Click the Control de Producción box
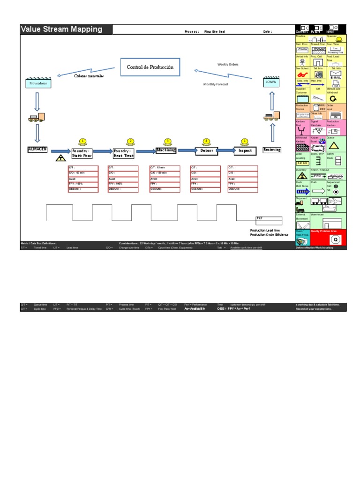(x=150, y=67)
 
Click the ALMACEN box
(x=37, y=149)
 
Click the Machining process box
(x=166, y=150)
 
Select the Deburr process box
(x=207, y=151)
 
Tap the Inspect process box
(x=245, y=151)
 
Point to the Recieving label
(x=272, y=150)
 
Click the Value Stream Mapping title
(x=61, y=30)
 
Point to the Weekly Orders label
(x=228, y=64)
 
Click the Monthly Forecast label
(x=216, y=84)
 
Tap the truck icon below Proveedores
(x=37, y=118)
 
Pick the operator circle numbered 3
(x=168, y=141)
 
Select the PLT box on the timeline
(x=269, y=218)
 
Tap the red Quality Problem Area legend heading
(x=327, y=231)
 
